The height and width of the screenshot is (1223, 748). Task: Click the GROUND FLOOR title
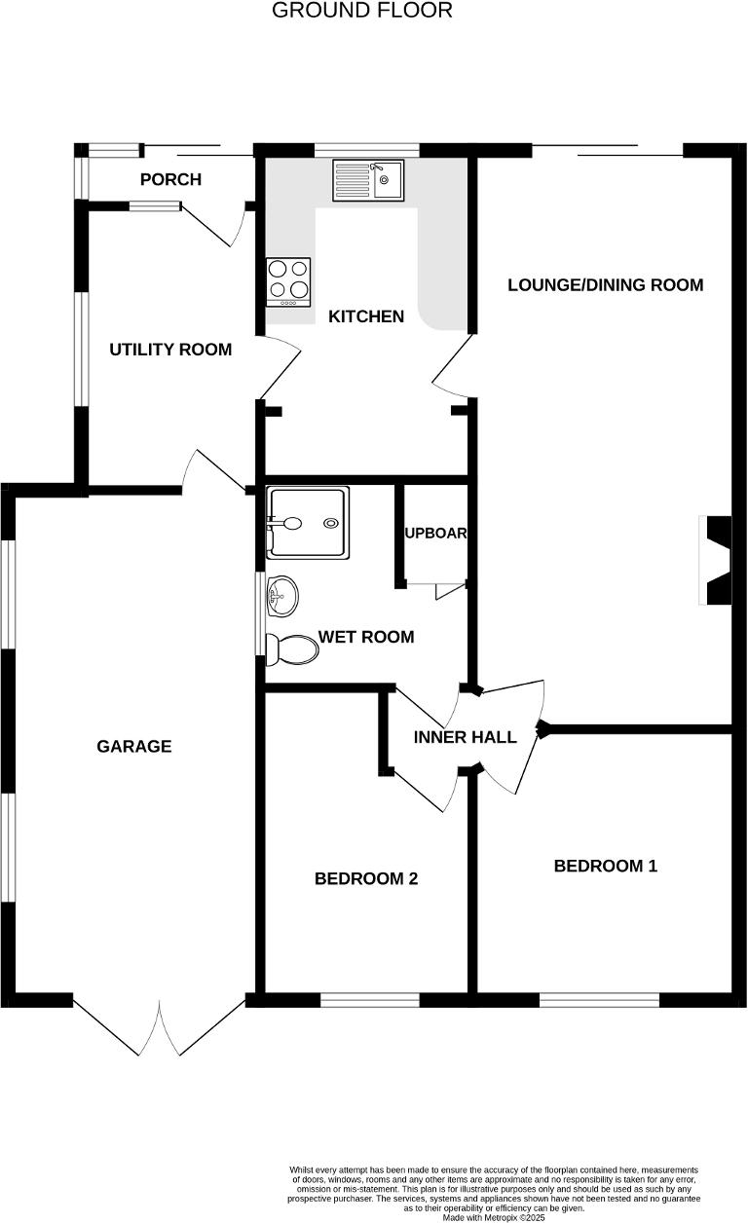coord(361,11)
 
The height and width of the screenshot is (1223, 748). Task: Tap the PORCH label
coord(170,179)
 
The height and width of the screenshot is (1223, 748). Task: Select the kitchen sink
coord(367,180)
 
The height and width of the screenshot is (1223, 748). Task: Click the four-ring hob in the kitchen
coord(288,280)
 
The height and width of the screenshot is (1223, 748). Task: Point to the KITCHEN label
coord(365,316)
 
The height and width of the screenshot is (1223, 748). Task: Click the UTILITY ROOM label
coord(170,350)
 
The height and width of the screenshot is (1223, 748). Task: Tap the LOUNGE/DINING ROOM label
coord(605,285)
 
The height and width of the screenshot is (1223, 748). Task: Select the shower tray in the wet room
coord(308,524)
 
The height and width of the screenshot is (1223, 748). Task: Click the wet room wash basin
coord(282,595)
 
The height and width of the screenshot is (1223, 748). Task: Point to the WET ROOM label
coord(366,637)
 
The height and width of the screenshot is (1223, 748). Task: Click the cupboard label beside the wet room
coord(435,534)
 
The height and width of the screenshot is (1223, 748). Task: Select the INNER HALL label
coord(465,737)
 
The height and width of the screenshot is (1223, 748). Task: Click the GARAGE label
coord(134,747)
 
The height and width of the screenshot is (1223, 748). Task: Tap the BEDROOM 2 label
coord(366,878)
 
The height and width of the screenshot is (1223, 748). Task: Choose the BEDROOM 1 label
coord(605,866)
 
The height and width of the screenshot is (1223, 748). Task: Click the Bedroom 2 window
coord(370,999)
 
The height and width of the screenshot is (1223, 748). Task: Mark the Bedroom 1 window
coord(599,999)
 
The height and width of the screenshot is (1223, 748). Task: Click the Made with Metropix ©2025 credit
coord(494,1217)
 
